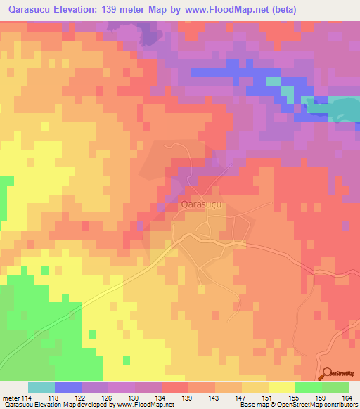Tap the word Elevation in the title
pyautogui.click(x=84, y=9)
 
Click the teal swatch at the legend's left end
pyautogui.click(x=41, y=387)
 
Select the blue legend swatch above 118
pyautogui.click(x=68, y=387)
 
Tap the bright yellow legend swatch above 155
pyautogui.click(x=282, y=387)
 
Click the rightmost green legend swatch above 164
pyautogui.click(x=335, y=387)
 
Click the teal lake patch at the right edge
pyautogui.click(x=345, y=108)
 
